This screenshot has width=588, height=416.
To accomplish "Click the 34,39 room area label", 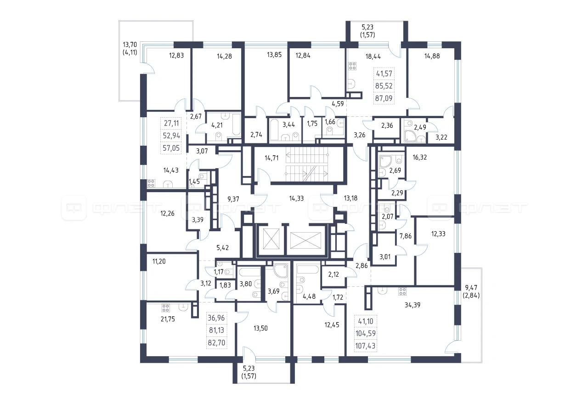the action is coord(413,305).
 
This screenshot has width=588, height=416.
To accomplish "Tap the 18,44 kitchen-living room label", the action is coord(373,57).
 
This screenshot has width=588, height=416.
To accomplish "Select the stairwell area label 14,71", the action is coord(271,158).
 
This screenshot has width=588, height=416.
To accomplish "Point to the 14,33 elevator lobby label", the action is coord(296,199).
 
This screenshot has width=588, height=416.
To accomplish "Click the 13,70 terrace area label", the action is coord(130,45).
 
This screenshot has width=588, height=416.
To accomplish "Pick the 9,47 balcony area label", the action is coord(471,288).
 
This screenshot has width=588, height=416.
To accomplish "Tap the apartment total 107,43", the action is coord(365,346).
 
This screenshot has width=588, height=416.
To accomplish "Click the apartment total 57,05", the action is coord(171,148).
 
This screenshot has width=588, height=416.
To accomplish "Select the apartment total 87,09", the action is coord(384,98).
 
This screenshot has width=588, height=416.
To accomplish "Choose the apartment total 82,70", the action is coord(216,343).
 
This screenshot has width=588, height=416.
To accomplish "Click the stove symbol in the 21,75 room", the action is coord(165,308).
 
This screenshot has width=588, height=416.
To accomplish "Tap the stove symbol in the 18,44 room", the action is coord(352,66).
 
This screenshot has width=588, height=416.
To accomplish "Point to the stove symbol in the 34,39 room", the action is coord(402,291).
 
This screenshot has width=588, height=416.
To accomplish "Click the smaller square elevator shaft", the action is coord(271,239).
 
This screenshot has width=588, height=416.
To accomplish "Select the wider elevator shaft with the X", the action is coord(305,240).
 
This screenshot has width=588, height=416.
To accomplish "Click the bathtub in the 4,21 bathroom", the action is coord(237,125).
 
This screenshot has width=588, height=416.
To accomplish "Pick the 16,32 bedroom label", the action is coord(419,158).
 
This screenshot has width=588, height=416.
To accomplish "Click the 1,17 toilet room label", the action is coord(218,272).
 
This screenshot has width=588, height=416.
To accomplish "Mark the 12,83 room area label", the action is coord(176,56).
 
